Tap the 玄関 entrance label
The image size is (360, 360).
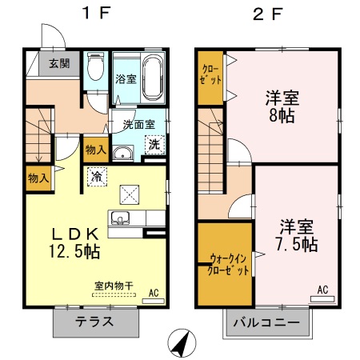point(58,63)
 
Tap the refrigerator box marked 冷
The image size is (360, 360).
point(96,176)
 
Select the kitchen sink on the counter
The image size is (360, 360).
point(122,218)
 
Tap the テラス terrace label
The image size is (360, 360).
point(95,323)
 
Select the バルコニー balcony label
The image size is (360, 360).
point(267,324)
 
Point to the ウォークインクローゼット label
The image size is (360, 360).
point(226,263)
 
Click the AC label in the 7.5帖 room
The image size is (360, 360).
point(323,290)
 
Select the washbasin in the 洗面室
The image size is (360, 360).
point(122,154)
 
